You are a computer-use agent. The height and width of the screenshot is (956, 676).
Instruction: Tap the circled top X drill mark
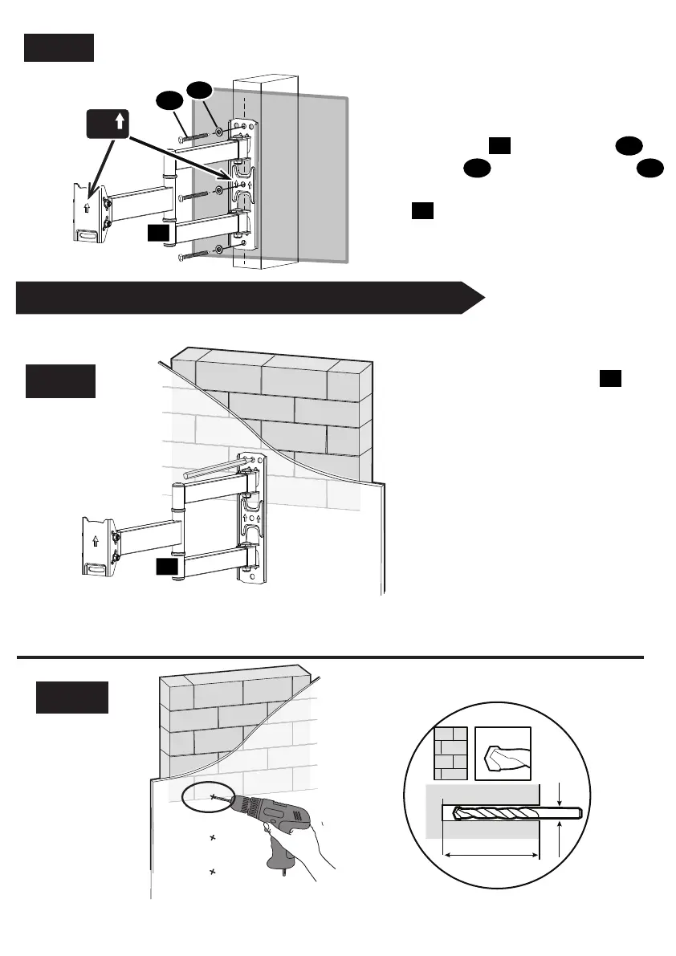tap(213, 797)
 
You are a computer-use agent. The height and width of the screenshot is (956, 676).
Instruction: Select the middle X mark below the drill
tap(213, 838)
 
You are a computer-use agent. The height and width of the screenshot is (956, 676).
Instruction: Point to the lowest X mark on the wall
tap(213, 871)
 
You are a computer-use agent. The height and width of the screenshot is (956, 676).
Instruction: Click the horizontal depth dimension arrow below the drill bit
tap(490, 856)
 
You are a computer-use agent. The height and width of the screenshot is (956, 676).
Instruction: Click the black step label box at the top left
tap(59, 47)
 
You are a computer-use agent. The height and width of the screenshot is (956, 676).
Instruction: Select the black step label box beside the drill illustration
tap(71, 696)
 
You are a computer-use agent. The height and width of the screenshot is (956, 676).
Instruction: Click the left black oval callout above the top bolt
tap(169, 102)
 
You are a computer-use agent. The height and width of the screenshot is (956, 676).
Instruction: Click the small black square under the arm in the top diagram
tap(160, 234)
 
